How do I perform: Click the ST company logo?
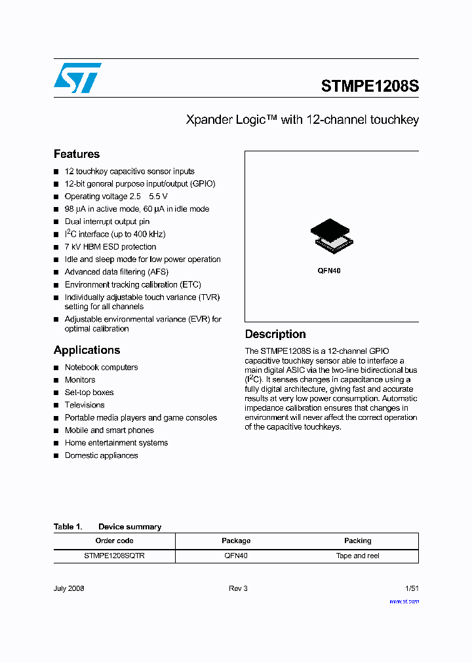[77, 78]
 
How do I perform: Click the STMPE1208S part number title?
[370, 86]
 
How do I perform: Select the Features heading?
[77, 154]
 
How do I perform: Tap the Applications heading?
[87, 350]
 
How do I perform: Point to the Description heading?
[275, 334]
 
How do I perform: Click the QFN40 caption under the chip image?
[329, 271]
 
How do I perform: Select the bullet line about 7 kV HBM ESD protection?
[110, 247]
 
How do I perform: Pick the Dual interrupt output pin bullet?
[107, 222]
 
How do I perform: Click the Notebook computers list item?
[101, 368]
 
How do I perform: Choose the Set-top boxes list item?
[89, 392]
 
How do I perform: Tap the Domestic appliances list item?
[101, 455]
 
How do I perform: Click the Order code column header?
[114, 540]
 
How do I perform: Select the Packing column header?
[357, 540]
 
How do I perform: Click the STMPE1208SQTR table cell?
[114, 556]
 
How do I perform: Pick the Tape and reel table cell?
[357, 556]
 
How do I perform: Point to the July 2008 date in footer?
[69, 588]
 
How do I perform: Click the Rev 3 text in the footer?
[238, 588]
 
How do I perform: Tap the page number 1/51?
[411, 588]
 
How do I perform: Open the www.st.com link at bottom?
[404, 601]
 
